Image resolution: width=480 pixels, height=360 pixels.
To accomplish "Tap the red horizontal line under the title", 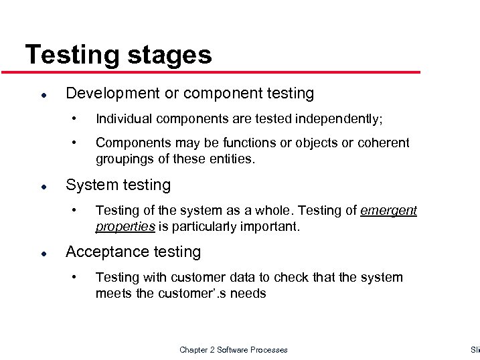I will [221, 72].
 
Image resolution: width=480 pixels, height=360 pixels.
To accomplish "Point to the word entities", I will [232, 159].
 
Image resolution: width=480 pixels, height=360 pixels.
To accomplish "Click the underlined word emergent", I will [388, 211].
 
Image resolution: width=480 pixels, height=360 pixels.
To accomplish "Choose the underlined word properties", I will [125, 227].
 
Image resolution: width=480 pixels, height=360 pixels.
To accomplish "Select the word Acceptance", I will [102, 252].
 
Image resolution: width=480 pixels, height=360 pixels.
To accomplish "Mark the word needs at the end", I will [248, 293].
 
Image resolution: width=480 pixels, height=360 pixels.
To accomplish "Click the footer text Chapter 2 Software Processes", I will [234, 349].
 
